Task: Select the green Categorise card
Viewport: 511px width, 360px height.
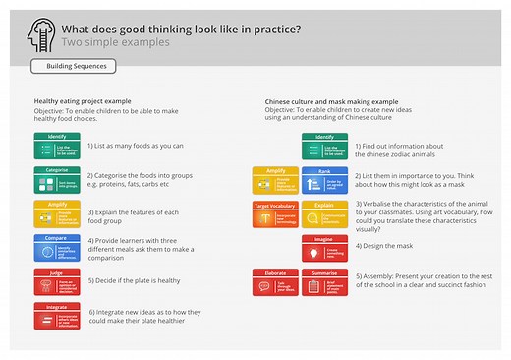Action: tap(57, 180)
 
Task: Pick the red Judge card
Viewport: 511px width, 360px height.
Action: tap(57, 280)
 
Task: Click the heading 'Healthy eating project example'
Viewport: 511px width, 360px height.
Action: tap(83, 101)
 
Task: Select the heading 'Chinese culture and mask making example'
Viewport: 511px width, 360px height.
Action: tap(331, 101)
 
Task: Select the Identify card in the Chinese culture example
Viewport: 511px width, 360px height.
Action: tap(324, 146)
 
